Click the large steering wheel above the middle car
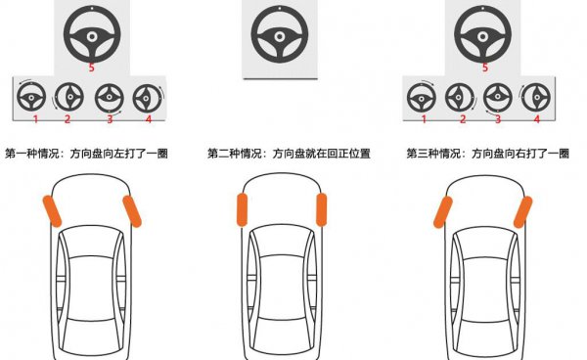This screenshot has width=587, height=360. (281, 36)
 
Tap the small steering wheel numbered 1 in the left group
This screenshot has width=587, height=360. (33, 98)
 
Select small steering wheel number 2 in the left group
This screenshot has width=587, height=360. (68, 98)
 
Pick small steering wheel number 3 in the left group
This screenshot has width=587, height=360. (108, 98)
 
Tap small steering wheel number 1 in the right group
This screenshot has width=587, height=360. (423, 98)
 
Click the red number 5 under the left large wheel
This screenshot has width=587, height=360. (91, 67)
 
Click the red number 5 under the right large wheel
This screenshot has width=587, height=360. (484, 67)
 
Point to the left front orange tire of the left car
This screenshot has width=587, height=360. (51, 210)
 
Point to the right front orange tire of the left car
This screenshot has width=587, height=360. (130, 210)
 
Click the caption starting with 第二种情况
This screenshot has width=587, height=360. (289, 154)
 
